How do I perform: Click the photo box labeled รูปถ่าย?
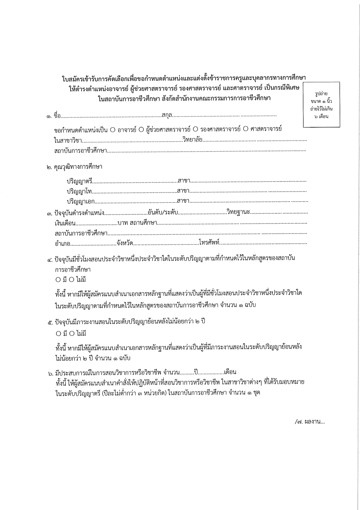[321, 105]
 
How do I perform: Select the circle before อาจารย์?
[113, 130]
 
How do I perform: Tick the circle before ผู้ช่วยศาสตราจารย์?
[141, 130]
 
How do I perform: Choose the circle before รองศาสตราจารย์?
[195, 130]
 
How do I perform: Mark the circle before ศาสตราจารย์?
[245, 130]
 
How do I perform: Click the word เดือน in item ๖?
[230, 372]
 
